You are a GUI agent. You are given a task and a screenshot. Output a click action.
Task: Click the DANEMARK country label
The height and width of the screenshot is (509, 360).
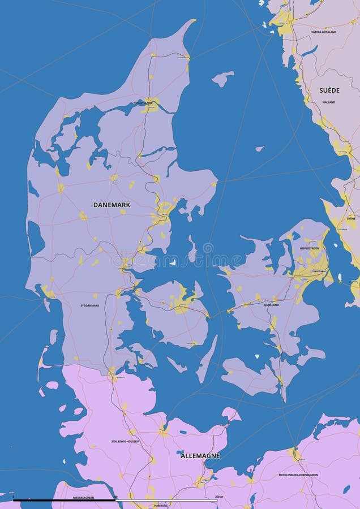(x=112, y=205)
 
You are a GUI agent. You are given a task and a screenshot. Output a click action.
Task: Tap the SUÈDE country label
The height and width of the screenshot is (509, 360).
(x=329, y=90)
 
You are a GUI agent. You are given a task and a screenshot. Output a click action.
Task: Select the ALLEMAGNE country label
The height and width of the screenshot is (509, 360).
(x=200, y=455)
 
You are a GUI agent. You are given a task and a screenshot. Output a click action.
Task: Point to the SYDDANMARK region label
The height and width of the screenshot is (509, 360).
(x=89, y=305)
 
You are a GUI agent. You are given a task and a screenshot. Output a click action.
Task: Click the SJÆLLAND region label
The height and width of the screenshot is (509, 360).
(x=271, y=304)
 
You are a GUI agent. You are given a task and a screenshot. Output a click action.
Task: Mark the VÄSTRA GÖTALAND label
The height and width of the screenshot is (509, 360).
(x=324, y=32)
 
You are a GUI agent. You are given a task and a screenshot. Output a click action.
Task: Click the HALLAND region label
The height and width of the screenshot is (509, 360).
(x=329, y=102)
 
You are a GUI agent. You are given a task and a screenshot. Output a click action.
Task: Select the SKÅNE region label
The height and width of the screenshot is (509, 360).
(x=351, y=218)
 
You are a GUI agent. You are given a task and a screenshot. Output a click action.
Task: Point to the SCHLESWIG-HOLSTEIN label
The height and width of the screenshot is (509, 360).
(x=125, y=441)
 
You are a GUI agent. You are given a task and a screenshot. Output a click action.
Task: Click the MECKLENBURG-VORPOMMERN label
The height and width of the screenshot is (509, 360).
(x=298, y=475)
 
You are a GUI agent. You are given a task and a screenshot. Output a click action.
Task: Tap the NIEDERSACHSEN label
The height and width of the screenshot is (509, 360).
(x=84, y=498)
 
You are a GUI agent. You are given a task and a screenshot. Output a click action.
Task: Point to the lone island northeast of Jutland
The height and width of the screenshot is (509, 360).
(x=223, y=78)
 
